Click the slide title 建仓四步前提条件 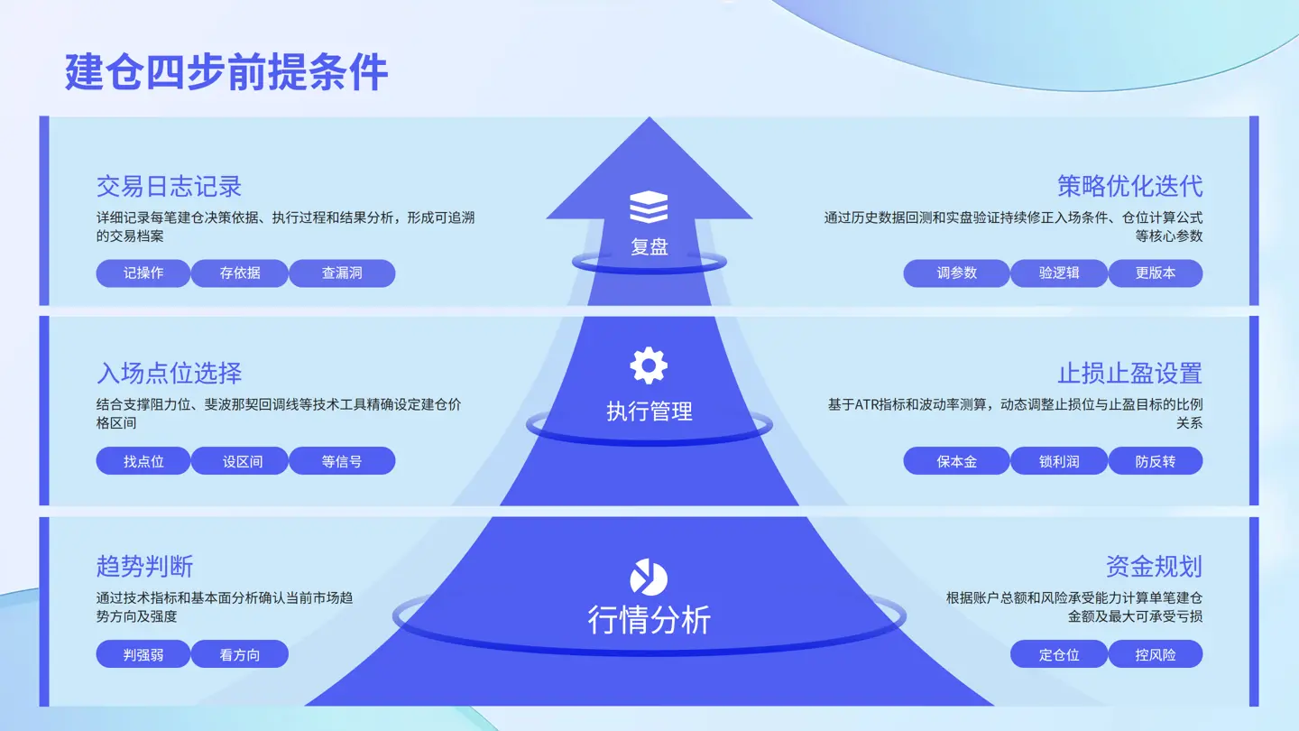(226, 72)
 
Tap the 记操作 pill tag (143, 273)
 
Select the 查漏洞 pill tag (342, 273)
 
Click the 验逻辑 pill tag (1059, 273)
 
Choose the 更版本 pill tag (1156, 273)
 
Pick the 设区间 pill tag (240, 461)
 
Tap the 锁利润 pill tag (1059, 461)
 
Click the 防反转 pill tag (1156, 461)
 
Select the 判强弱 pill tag (143, 654)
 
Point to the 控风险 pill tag (1156, 654)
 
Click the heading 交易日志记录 (169, 187)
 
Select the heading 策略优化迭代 (1129, 187)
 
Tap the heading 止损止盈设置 (1129, 374)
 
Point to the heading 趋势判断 (144, 566)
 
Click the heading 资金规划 (1154, 566)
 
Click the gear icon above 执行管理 (649, 366)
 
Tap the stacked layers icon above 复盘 (649, 207)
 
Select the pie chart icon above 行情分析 (649, 578)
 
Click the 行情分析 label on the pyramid (649, 620)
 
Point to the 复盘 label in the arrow (649, 247)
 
